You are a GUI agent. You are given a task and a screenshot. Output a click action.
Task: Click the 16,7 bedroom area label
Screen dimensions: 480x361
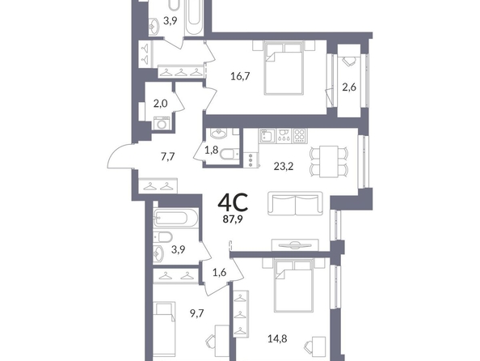point(240,76)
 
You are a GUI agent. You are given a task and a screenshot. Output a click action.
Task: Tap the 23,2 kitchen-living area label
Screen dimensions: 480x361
point(283,166)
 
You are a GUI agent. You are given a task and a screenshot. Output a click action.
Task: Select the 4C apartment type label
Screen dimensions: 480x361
point(233,202)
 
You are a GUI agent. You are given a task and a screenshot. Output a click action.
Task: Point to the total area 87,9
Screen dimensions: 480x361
point(233,219)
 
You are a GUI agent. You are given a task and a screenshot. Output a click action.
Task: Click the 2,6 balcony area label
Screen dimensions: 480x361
point(349,87)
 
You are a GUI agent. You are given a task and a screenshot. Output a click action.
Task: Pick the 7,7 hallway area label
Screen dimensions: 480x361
point(167,157)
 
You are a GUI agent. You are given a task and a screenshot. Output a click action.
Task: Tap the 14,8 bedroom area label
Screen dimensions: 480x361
point(277,339)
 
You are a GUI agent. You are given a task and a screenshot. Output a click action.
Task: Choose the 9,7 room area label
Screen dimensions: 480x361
point(196,313)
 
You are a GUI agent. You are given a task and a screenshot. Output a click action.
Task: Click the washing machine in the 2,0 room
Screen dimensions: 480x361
point(162,123)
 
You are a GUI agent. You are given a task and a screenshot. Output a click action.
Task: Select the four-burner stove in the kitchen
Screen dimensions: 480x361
point(299,135)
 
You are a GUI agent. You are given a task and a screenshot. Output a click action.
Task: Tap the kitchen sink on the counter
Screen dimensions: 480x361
point(267,136)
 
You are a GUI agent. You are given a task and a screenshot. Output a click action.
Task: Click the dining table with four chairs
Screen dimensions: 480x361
point(329,162)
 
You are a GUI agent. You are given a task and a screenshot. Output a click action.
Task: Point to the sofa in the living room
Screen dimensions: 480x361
point(296,203)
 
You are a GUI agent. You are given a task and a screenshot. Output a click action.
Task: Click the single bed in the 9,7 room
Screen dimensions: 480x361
point(164,329)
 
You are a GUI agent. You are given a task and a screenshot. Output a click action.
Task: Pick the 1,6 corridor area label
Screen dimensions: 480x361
point(220,272)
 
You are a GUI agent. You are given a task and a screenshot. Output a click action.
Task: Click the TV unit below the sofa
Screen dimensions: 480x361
point(296,245)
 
